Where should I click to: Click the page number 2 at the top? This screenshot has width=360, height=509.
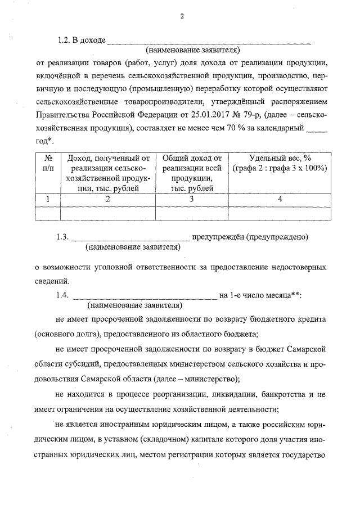(x=182, y=16)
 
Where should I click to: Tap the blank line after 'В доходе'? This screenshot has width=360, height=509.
(x=208, y=42)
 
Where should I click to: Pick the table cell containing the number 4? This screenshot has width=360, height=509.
(x=279, y=199)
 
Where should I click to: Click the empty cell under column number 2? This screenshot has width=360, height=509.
(x=107, y=211)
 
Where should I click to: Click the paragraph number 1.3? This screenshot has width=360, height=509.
(x=62, y=237)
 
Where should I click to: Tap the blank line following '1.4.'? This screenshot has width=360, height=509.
(x=145, y=296)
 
